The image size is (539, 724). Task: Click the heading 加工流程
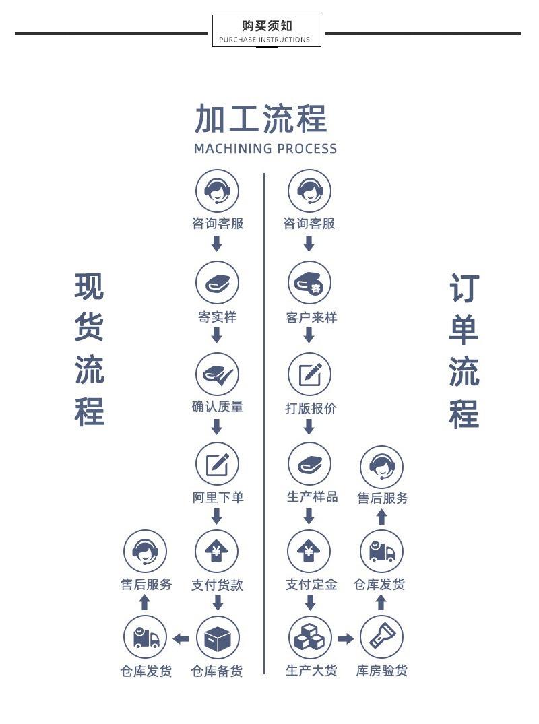click(x=261, y=119)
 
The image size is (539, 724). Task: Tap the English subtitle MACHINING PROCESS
click(x=265, y=149)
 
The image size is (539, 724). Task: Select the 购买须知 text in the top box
click(x=267, y=26)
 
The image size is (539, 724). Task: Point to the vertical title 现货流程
click(x=89, y=349)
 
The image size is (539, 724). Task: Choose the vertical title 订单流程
click(x=464, y=352)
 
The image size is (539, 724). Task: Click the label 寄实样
click(x=217, y=317)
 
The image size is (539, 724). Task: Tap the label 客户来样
click(x=311, y=317)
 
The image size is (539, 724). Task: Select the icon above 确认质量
click(x=217, y=374)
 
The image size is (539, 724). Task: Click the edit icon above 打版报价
click(x=309, y=374)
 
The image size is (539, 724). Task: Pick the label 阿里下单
click(x=218, y=498)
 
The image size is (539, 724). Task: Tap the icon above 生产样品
click(x=309, y=464)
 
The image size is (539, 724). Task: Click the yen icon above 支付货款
click(x=217, y=552)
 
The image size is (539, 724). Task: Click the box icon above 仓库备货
click(x=218, y=638)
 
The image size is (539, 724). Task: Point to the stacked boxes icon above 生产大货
click(x=310, y=638)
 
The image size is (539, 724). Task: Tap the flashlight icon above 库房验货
click(x=381, y=637)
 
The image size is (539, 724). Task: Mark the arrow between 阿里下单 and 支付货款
click(x=217, y=517)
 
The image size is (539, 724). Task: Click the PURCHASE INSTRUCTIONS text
click(x=265, y=40)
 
